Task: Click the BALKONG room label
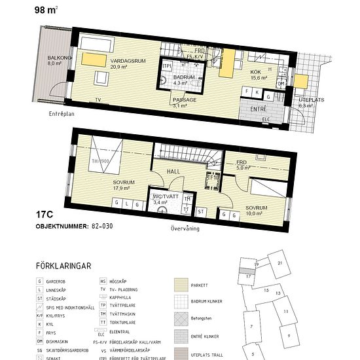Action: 54,58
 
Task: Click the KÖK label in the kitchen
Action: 255,72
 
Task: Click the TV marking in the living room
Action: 98,100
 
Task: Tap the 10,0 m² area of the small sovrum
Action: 256,212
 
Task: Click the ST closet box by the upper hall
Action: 201,211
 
